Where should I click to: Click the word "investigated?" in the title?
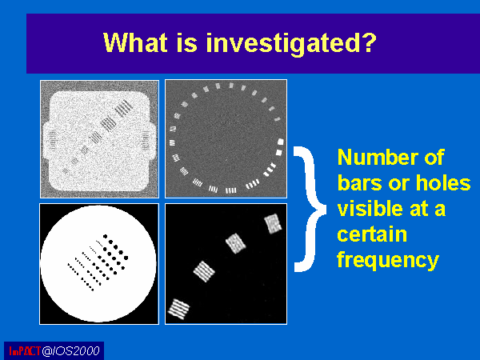tap(291, 43)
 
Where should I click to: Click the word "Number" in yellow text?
tap(378, 157)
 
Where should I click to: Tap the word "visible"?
tap(370, 208)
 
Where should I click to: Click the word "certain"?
tap(372, 234)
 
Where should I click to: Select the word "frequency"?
tap(388, 261)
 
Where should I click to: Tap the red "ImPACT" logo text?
tap(25, 351)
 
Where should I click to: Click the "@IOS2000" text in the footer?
tap(70, 351)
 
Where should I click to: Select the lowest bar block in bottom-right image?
tap(178, 309)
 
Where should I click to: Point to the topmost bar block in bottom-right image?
tap(273, 223)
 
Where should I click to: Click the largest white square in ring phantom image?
tap(281, 142)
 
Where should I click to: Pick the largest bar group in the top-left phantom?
tap(125, 108)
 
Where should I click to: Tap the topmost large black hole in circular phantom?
tap(106, 236)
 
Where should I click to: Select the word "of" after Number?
tap(434, 157)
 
